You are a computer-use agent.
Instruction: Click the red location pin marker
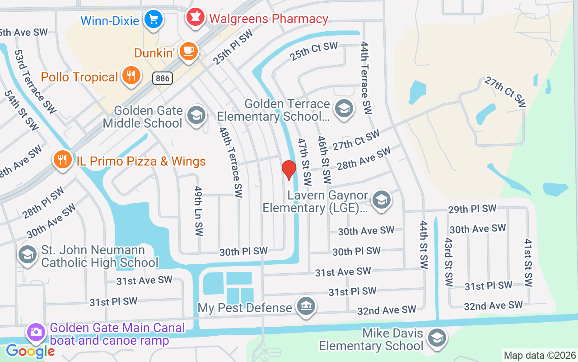pyautogui.click(x=289, y=169)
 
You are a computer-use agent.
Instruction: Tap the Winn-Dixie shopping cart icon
pyautogui.click(x=154, y=19)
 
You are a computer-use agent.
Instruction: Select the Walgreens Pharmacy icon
pyautogui.click(x=195, y=17)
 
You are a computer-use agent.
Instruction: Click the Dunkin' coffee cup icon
pyautogui.click(x=188, y=51)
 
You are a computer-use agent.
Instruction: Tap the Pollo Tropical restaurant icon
pyautogui.click(x=131, y=76)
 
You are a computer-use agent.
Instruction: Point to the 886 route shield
pyautogui.click(x=163, y=78)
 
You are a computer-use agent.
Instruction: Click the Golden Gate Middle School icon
pyautogui.click(x=196, y=115)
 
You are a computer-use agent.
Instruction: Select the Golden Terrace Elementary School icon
pyautogui.click(x=344, y=109)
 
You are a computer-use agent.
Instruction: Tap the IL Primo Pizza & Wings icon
pyautogui.click(x=63, y=160)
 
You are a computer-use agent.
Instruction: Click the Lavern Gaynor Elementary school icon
pyautogui.click(x=382, y=200)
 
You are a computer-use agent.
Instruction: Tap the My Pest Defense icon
pyautogui.click(x=306, y=306)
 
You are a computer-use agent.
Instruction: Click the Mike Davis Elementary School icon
pyautogui.click(x=437, y=338)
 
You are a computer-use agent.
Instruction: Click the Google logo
pyautogui.click(x=30, y=351)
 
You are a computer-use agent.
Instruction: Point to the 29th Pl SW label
pyautogui.click(x=472, y=209)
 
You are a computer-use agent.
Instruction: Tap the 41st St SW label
pyautogui.click(x=528, y=263)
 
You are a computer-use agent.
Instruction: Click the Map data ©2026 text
pyautogui.click(x=540, y=355)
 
